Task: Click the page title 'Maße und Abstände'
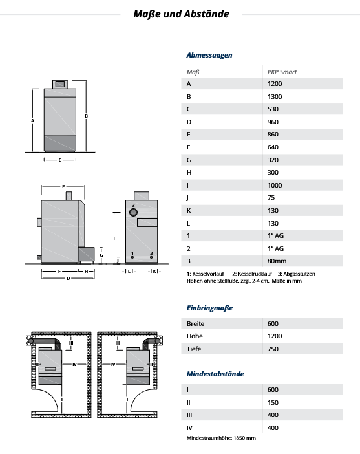click(x=181, y=14)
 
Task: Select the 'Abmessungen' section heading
click(x=209, y=55)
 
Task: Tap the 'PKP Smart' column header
click(x=282, y=72)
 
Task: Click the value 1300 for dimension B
click(x=275, y=97)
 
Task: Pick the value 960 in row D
click(x=273, y=122)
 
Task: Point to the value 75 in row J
click(x=271, y=198)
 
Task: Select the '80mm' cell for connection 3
click(x=277, y=261)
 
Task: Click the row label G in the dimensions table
click(x=189, y=160)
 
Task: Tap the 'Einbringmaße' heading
click(x=209, y=308)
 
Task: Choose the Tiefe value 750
click(x=273, y=349)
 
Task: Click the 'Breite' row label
click(x=195, y=324)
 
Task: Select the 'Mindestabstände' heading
click(x=215, y=374)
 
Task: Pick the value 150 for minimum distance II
click(x=273, y=402)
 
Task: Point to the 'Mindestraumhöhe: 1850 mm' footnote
click(x=221, y=438)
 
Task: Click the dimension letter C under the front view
click(x=60, y=160)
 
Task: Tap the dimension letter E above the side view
click(x=63, y=187)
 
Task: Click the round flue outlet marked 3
click(x=133, y=213)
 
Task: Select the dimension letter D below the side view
click(x=69, y=279)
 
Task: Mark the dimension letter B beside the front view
click(x=86, y=116)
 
